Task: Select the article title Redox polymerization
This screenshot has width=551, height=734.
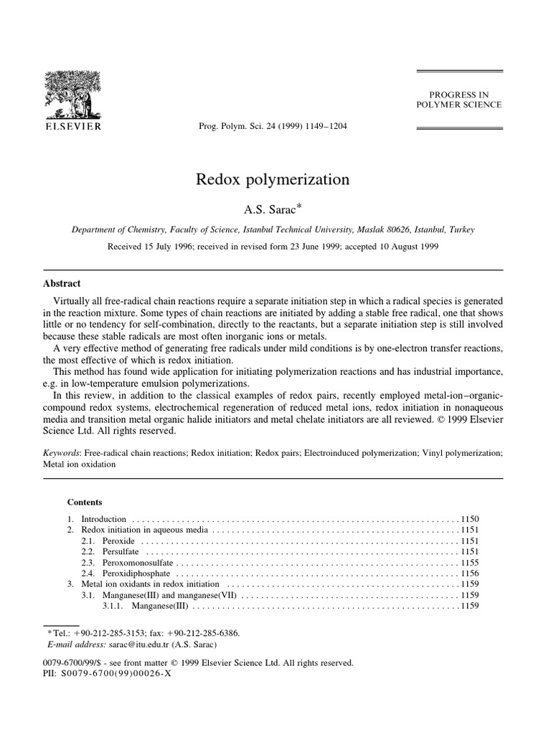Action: [273, 179]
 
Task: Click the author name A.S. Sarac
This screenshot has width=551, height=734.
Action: [273, 207]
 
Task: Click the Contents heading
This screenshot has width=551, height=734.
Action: [85, 502]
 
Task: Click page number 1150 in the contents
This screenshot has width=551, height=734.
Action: [469, 518]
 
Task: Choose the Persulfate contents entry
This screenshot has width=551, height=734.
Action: [118, 552]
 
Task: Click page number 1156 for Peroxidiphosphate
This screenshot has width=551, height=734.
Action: [469, 574]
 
